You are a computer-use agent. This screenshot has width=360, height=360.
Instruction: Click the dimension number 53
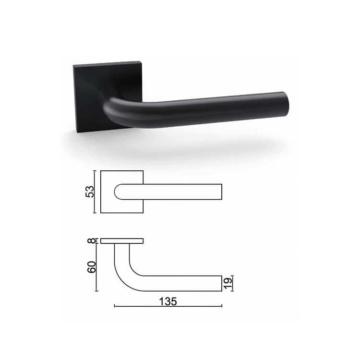(90, 192)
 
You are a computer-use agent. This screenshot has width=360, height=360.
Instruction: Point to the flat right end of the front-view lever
(221, 192)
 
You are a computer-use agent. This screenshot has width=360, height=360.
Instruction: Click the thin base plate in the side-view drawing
(122, 241)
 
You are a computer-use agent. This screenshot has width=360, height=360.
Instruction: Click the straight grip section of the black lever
(216, 108)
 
